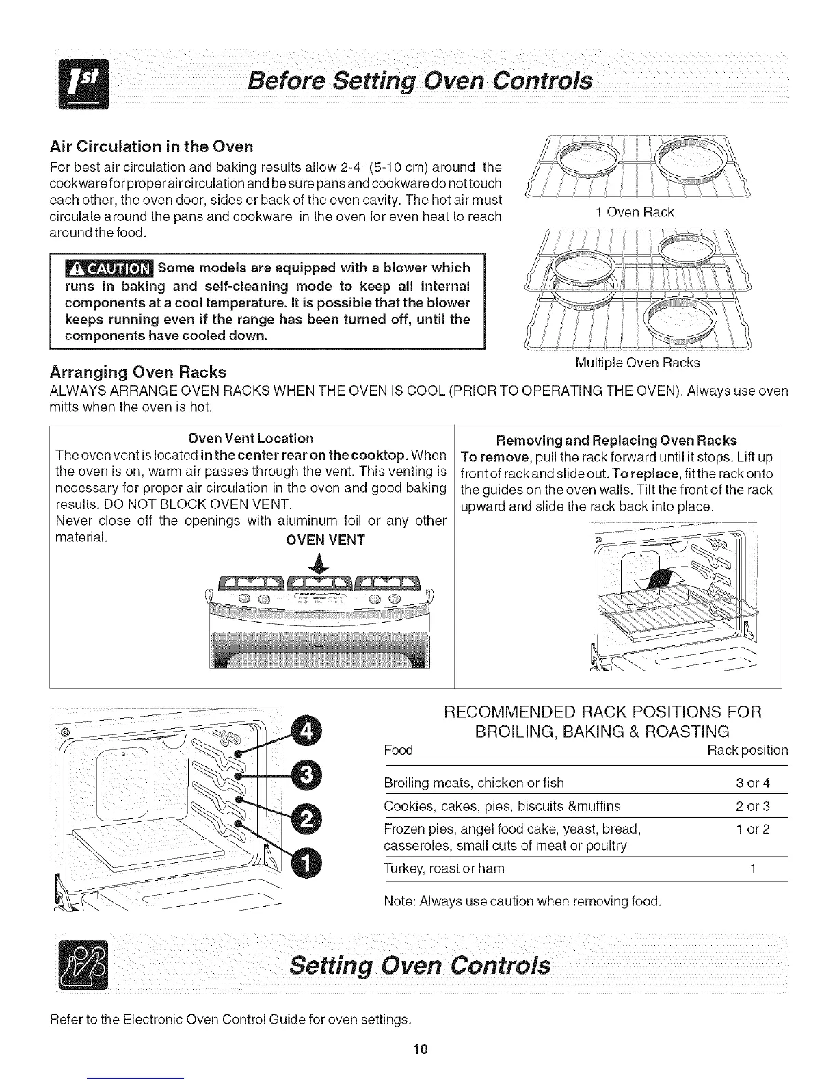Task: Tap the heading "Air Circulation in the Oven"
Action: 152,146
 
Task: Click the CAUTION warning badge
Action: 109,267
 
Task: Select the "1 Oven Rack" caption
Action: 635,212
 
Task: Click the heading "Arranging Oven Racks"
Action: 138,372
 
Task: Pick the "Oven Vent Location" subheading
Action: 251,438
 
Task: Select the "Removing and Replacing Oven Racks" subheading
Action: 616,440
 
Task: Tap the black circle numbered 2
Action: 307,820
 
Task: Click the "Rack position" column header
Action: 747,750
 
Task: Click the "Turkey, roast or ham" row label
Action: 444,868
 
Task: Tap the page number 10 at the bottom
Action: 419,1049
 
